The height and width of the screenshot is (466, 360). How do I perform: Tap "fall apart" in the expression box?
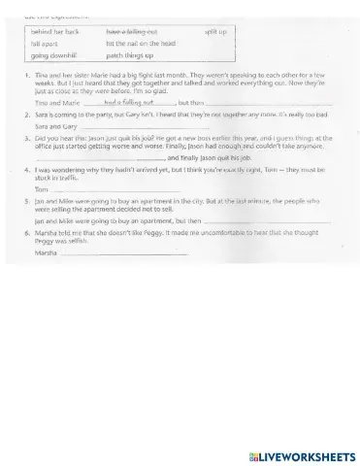[x=45, y=45]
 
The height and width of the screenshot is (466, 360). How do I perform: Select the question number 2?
[x=24, y=114]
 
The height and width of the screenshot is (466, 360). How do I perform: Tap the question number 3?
[x=24, y=139]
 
